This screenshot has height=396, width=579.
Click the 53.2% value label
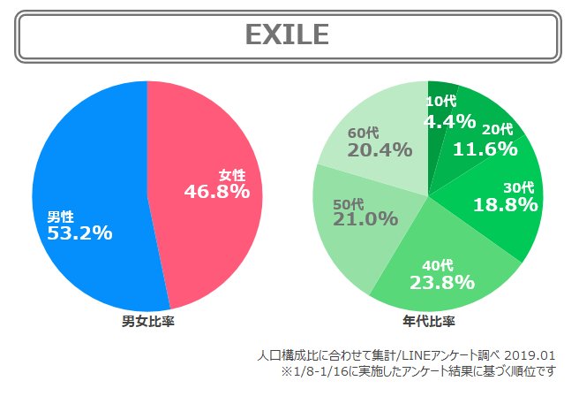pos(79,233)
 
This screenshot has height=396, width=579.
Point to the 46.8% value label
pos(217,190)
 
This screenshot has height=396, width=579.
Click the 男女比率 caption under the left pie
pos(147,320)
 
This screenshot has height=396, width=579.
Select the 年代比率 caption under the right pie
pos(428,320)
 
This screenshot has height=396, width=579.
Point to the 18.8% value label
pos(506,204)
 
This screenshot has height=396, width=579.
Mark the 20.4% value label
pos(380,149)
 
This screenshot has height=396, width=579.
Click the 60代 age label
pos(365,133)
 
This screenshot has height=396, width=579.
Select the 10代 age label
pos(441,103)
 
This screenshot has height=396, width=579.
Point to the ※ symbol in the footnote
pos(286,371)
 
